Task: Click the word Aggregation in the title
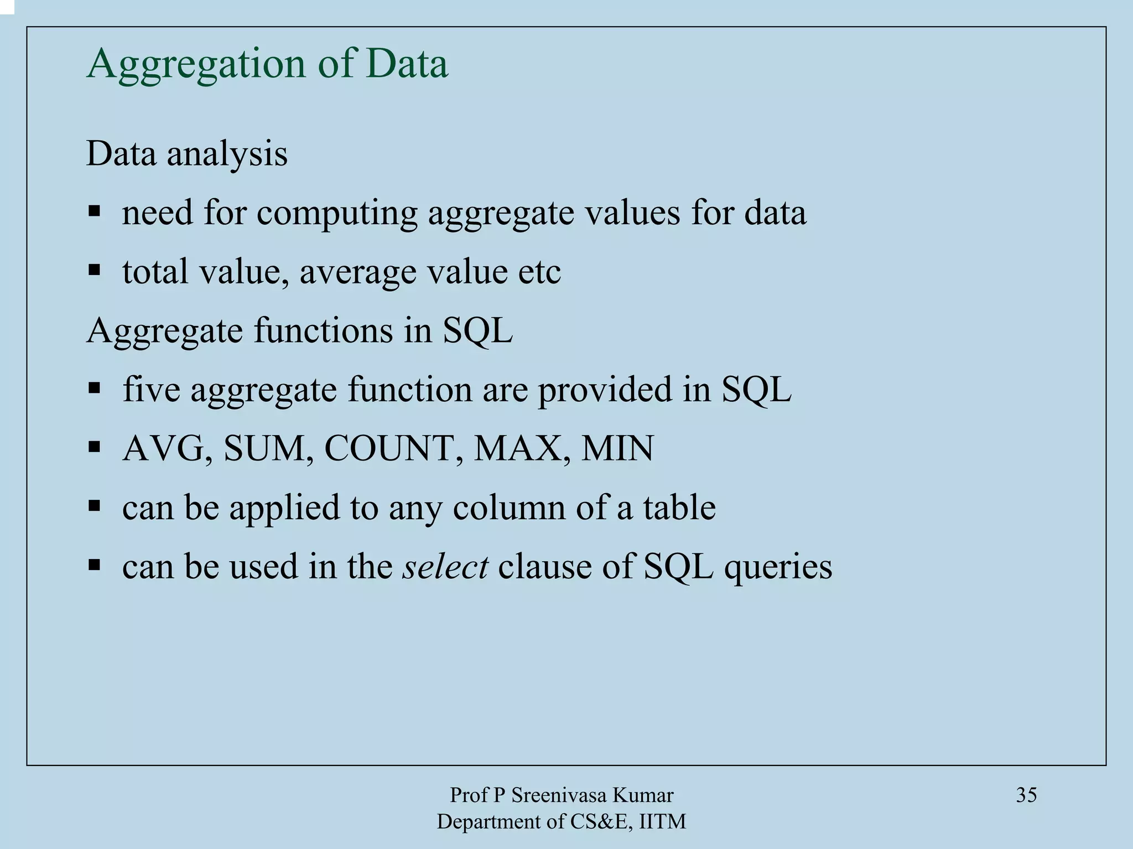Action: coord(196,65)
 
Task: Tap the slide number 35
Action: coord(1026,795)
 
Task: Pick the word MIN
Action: coord(617,448)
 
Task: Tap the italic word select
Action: coord(445,566)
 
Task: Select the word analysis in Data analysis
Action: coord(227,154)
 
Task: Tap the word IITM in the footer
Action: coord(662,822)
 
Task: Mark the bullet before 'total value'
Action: coord(94,271)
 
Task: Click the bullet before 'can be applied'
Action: coord(94,505)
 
